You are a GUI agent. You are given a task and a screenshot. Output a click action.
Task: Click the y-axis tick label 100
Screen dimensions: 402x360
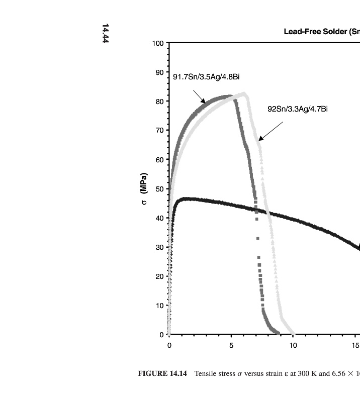(157, 43)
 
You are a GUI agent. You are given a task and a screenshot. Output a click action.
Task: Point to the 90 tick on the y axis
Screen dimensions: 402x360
(159, 72)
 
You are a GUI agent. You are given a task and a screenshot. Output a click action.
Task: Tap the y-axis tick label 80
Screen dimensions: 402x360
(159, 102)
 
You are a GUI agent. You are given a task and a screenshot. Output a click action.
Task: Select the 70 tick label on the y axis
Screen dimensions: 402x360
(159, 131)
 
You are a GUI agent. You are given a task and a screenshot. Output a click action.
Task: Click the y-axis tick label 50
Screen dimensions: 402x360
(159, 189)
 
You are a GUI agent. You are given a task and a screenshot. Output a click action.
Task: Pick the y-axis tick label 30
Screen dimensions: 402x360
(159, 247)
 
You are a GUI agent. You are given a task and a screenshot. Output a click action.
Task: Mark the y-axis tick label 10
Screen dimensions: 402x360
(159, 306)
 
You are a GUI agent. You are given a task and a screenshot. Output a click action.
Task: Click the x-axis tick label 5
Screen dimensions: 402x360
(231, 345)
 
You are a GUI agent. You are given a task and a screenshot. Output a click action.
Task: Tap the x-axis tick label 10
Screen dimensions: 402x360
(293, 345)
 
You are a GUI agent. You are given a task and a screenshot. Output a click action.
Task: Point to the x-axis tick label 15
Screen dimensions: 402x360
(355, 345)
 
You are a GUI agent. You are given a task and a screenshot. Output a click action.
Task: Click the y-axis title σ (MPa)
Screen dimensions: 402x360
(144, 189)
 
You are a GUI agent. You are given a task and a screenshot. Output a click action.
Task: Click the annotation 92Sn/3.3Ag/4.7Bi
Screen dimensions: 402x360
(298, 109)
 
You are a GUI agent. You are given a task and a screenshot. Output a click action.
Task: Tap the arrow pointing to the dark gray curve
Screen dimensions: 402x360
(200, 97)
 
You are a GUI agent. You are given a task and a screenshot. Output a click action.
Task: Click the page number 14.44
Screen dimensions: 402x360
(106, 33)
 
